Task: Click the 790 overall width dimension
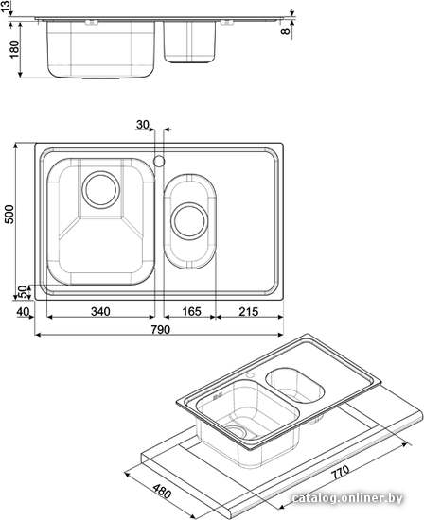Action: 160,330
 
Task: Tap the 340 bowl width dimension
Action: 100,312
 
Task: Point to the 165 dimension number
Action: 191,312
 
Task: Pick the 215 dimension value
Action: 249,312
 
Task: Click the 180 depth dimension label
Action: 14,49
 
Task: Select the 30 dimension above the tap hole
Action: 143,125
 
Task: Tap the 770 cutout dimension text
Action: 340,472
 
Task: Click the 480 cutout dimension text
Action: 162,491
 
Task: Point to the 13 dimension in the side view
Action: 5,7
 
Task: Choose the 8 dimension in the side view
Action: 285,31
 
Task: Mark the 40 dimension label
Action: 23,312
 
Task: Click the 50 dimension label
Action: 23,291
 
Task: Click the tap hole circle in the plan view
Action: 159,161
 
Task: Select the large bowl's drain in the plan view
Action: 100,190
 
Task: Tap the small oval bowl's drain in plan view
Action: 189,221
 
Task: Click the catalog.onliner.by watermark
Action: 347,497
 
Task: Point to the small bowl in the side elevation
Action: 189,43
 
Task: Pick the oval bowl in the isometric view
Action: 295,385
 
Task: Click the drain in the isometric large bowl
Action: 236,432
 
